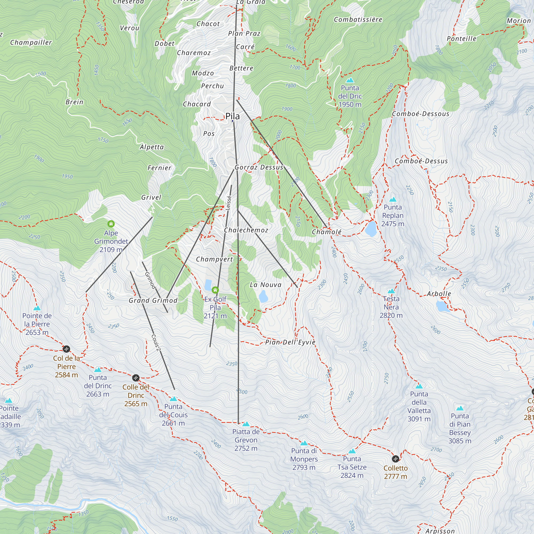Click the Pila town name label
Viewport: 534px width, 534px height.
233,116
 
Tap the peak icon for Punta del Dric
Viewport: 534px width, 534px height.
350,80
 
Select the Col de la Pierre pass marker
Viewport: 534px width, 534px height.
66,349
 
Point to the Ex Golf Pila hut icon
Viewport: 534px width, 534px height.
215,290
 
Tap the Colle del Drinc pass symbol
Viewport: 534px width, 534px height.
136,378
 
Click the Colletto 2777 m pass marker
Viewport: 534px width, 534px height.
395,459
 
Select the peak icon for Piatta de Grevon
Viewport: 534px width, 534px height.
246,424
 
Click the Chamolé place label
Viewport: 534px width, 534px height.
327,232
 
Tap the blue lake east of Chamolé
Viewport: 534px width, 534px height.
371,229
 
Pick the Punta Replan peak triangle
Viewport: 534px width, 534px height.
392,199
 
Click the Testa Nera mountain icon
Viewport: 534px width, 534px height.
391,291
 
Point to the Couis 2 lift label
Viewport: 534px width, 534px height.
156,343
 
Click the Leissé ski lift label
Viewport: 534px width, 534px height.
228,203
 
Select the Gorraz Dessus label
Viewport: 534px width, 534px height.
259,167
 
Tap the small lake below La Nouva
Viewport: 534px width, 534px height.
263,297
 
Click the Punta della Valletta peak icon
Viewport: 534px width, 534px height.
419,386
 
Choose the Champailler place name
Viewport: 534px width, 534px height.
31,42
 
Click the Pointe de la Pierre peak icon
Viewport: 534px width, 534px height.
37,308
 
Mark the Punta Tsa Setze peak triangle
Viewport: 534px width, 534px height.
352,451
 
